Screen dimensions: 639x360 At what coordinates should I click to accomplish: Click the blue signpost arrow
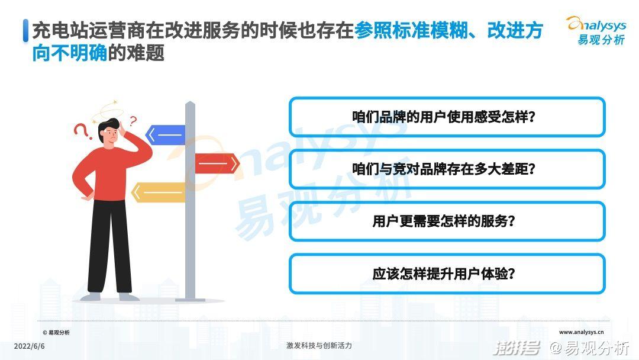tap(166, 135)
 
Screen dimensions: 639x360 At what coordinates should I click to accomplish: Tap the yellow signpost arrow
tap(159, 192)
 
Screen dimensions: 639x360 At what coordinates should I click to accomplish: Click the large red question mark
tap(82, 131)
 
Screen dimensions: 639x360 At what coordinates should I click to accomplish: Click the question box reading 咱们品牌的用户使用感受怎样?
tap(447, 117)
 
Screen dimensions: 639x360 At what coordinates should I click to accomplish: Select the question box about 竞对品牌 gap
tap(447, 169)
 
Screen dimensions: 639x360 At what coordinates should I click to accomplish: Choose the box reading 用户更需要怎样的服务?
tap(447, 221)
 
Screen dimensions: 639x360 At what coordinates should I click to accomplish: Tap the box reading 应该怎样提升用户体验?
tap(447, 273)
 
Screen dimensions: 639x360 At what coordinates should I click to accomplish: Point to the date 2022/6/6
tap(30, 346)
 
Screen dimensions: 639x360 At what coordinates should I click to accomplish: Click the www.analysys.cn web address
tap(581, 332)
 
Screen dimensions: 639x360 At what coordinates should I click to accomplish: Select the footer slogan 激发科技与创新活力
tap(319, 346)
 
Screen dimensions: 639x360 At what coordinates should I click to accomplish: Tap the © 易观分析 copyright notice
tap(56, 333)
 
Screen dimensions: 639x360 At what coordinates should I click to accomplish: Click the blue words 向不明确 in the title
tap(70, 53)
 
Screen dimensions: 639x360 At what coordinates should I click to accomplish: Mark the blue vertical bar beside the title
tap(25, 31)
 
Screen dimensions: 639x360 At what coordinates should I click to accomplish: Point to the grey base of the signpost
tap(190, 300)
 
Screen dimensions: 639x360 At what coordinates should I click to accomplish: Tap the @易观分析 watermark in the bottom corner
tap(589, 348)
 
